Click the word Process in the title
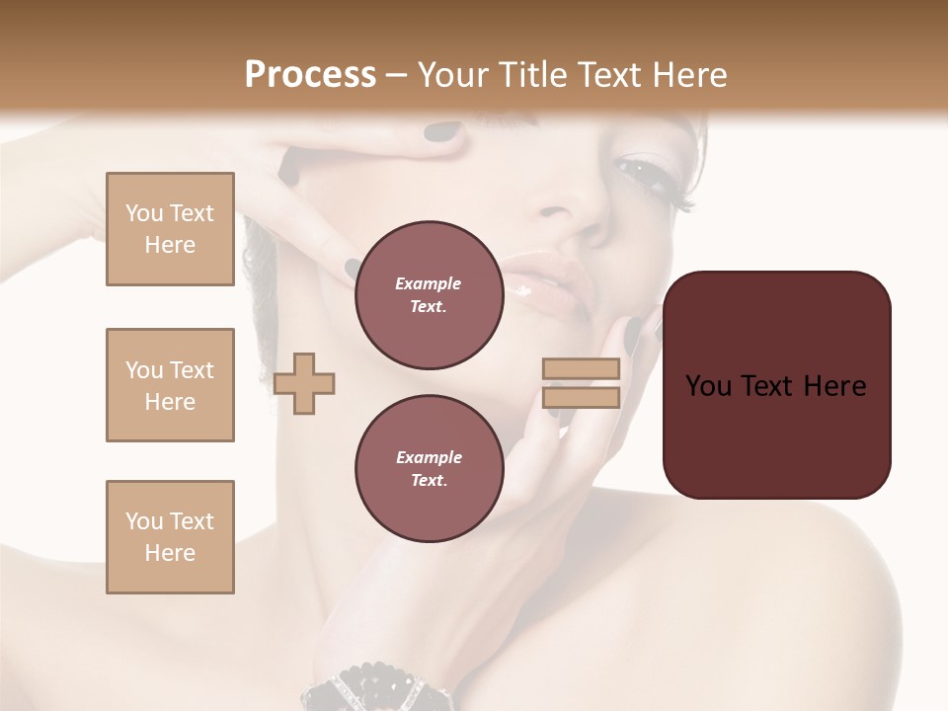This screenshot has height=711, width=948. (x=310, y=74)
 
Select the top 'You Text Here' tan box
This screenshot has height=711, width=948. (x=170, y=229)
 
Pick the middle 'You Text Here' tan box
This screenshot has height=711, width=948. (x=170, y=385)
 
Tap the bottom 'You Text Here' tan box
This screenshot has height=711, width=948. (x=170, y=537)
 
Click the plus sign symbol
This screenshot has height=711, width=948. (x=304, y=383)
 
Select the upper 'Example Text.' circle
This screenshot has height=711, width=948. (x=429, y=295)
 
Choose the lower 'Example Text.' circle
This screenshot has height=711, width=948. (x=429, y=469)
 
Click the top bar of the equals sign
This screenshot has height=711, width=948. (x=581, y=369)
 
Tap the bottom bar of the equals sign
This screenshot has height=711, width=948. (x=581, y=398)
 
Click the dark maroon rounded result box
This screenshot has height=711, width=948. (x=776, y=385)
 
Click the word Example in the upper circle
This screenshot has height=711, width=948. (x=429, y=283)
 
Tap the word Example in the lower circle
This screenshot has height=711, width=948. (x=429, y=457)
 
